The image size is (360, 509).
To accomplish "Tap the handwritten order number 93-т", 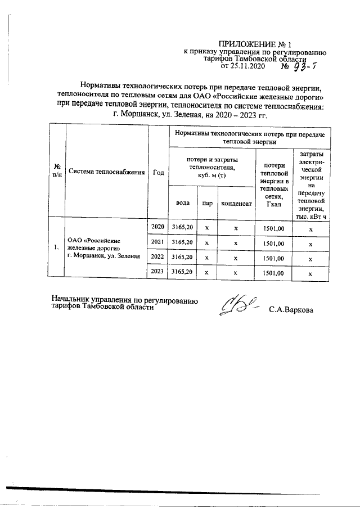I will point(307,67).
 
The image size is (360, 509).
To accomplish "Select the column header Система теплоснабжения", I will point(106,172).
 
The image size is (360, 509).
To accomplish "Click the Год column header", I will point(158,172).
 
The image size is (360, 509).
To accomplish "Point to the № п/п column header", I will point(57,172).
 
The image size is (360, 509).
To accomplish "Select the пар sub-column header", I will point(207,203).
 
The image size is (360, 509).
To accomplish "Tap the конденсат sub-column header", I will point(236,203).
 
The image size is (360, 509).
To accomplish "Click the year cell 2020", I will point(158,227).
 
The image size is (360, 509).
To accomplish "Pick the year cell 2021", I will point(158,242).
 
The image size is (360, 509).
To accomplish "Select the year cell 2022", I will point(158,258).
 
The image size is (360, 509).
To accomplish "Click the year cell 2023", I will point(158,272).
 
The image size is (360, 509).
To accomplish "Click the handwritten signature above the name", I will point(240,306).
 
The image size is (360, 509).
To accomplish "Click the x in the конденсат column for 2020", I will point(236,228).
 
